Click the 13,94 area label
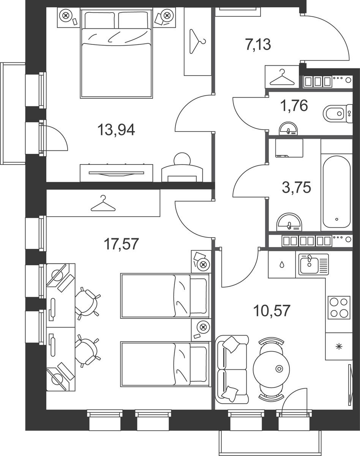click(116, 130)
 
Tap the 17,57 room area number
click(121, 244)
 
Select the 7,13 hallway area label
click(258, 44)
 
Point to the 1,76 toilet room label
click(294, 106)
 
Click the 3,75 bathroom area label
click(297, 187)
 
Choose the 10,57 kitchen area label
click(272, 310)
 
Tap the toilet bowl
click(338, 113)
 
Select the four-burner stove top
click(339, 307)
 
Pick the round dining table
click(272, 369)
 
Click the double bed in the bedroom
click(117, 53)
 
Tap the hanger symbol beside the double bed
click(197, 41)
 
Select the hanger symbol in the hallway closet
click(282, 78)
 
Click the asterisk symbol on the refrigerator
click(339, 347)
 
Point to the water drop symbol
click(282, 264)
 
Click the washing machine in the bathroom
click(289, 148)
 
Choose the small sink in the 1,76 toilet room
click(289, 128)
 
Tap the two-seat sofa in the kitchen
click(232, 369)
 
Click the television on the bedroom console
click(116, 173)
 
